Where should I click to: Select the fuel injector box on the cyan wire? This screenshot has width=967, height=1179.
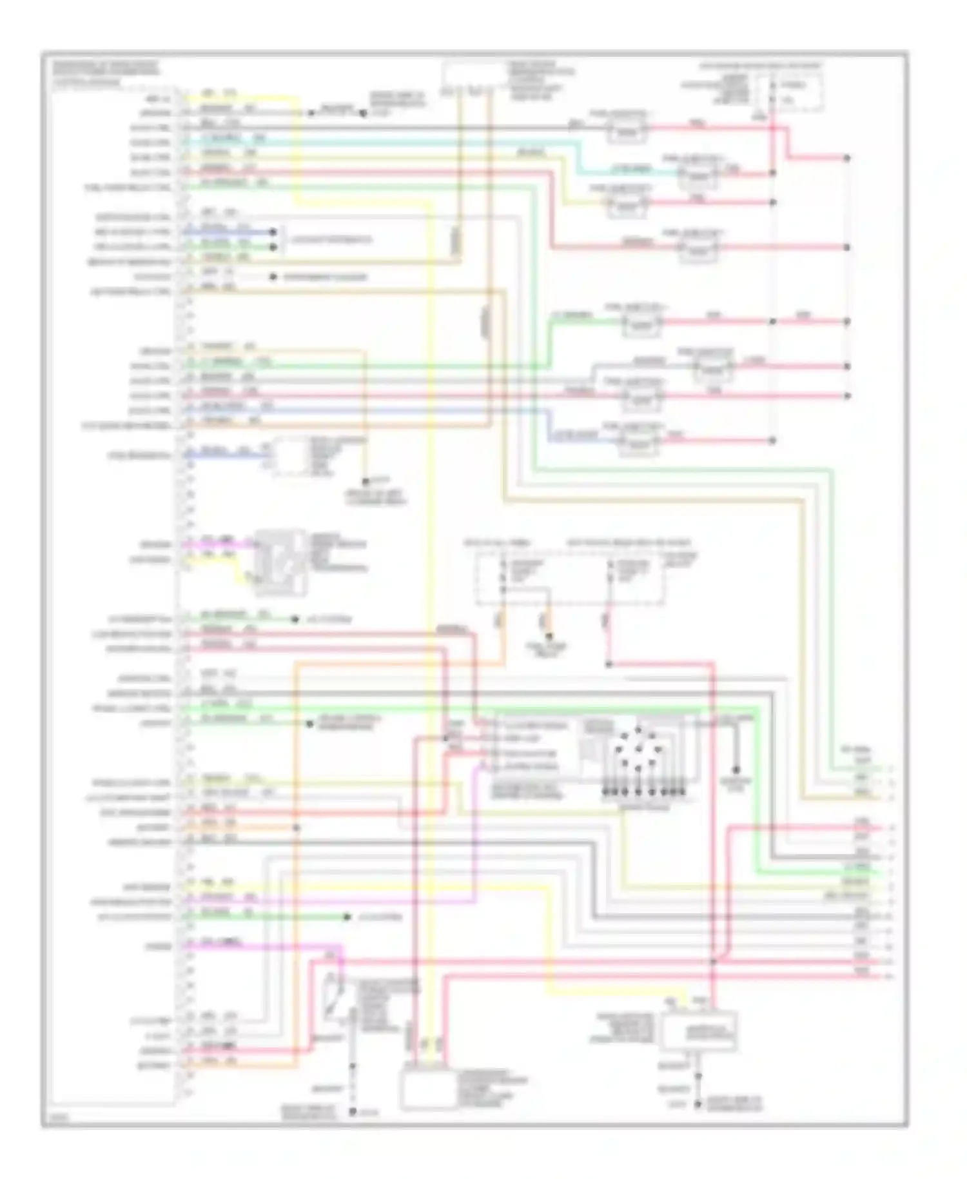[x=696, y=174]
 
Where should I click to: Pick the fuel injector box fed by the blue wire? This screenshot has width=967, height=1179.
[x=638, y=444]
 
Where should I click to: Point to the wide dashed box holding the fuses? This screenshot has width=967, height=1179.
[x=570, y=578]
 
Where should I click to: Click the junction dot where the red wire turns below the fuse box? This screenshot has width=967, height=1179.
[x=609, y=664]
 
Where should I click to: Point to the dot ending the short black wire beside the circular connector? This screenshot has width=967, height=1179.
[x=736, y=770]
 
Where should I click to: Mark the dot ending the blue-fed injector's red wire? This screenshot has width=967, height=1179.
[x=772, y=441]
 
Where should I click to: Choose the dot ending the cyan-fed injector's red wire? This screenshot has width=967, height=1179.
[x=772, y=173]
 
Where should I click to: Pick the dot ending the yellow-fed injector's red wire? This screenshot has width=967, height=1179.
[x=772, y=203]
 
